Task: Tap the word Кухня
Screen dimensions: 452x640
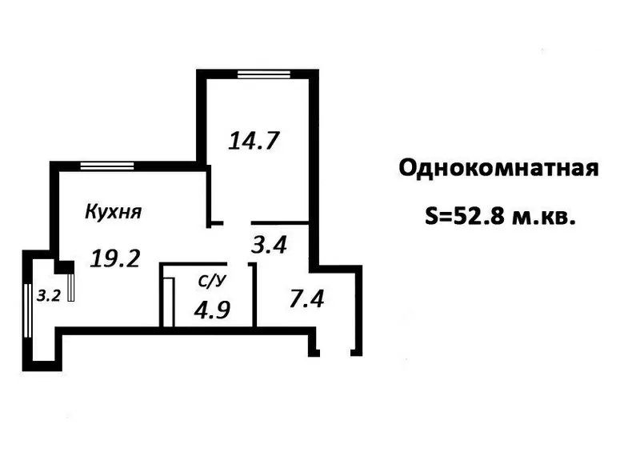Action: click(113, 212)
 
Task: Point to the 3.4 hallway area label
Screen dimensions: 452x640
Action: click(270, 243)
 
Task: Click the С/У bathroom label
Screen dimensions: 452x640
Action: click(211, 281)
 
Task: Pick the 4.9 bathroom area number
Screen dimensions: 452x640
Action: click(213, 309)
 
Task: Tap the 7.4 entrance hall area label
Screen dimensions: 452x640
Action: click(306, 301)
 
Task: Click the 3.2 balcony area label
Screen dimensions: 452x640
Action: click(48, 294)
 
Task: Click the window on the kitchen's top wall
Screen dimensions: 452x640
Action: click(106, 166)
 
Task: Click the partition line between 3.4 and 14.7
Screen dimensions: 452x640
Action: click(280, 222)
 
